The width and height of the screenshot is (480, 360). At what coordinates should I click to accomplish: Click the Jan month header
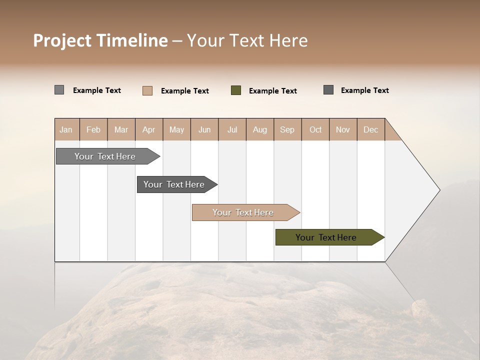pyautogui.click(x=66, y=129)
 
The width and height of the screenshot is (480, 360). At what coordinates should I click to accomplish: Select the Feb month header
pyautogui.click(x=93, y=129)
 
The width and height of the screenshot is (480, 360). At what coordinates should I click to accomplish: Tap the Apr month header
pyautogui.click(x=148, y=129)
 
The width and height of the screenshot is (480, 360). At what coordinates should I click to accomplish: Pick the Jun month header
pyautogui.click(x=204, y=129)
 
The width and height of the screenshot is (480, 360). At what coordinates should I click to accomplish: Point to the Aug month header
pyautogui.click(x=259, y=129)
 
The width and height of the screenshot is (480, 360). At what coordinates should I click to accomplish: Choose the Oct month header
pyautogui.click(x=315, y=129)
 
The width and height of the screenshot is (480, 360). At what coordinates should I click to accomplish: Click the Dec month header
pyautogui.click(x=370, y=129)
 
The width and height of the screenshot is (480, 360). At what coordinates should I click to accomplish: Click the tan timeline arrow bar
pyautogui.click(x=243, y=212)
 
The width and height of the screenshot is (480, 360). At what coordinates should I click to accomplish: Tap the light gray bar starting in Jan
pyautogui.click(x=105, y=156)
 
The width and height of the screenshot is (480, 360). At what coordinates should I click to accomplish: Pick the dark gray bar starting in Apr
pyautogui.click(x=174, y=184)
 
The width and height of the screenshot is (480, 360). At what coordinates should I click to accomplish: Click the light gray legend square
pyautogui.click(x=59, y=90)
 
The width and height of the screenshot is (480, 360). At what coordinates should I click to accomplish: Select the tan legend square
pyautogui.click(x=147, y=90)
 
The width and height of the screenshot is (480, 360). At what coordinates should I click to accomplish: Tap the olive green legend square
pyautogui.click(x=236, y=90)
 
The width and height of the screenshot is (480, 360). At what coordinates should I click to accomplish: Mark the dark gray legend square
pyautogui.click(x=328, y=90)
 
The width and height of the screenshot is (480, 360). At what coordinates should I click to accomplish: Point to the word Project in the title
pyautogui.click(x=62, y=40)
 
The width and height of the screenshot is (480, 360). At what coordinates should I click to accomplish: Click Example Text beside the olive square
pyautogui.click(x=272, y=90)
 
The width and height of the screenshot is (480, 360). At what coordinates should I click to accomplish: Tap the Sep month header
pyautogui.click(x=287, y=129)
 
